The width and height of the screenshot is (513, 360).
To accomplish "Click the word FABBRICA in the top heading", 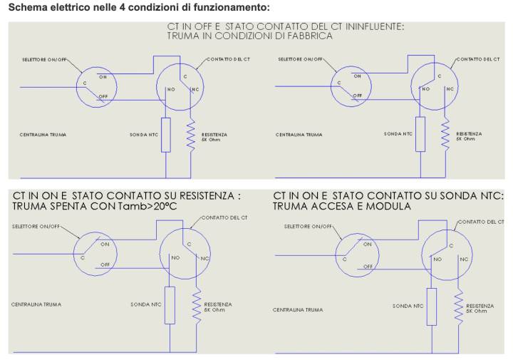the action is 310,36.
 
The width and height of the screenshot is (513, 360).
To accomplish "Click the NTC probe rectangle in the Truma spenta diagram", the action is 170,305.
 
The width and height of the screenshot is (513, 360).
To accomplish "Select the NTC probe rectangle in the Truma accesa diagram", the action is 432,307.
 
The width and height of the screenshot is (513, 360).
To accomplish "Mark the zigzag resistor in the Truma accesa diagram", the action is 459,307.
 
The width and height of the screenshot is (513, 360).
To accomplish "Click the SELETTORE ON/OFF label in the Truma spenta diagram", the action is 36,227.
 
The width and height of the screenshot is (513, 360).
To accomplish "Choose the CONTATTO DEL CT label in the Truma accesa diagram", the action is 481,222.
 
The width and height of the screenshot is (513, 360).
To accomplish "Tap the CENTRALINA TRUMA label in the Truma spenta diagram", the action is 36,304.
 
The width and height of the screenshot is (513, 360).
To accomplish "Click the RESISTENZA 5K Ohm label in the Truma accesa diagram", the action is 480,308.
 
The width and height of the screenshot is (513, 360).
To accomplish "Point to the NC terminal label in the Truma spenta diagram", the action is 204,259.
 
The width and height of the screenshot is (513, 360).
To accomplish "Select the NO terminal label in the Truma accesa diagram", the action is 437,259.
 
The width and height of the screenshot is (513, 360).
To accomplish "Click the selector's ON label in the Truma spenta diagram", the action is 105,244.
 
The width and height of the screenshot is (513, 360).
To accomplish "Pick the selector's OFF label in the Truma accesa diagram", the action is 368,267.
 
